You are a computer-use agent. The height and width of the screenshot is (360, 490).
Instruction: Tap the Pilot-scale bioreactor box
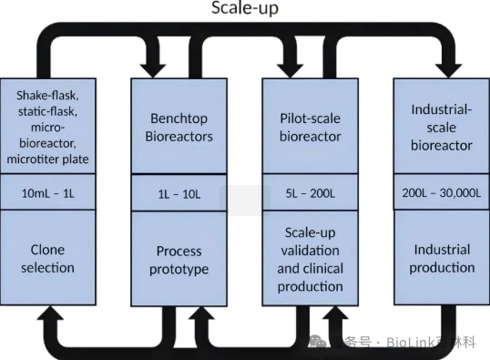pyautogui.click(x=310, y=127)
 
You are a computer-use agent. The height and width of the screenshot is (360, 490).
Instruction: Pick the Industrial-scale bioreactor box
pyautogui.click(x=440, y=127)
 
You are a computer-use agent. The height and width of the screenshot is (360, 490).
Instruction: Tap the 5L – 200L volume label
pyautogui.click(x=310, y=194)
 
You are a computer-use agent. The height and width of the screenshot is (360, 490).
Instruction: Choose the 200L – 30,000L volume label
pyautogui.click(x=440, y=194)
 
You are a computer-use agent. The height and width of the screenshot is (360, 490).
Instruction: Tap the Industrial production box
pyautogui.click(x=440, y=259)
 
